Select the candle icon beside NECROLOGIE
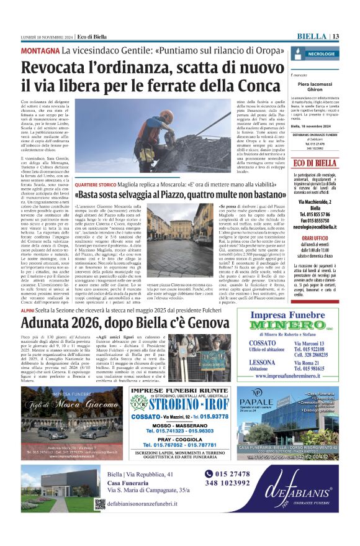(x=296, y=55)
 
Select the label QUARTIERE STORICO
(x=94, y=184)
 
